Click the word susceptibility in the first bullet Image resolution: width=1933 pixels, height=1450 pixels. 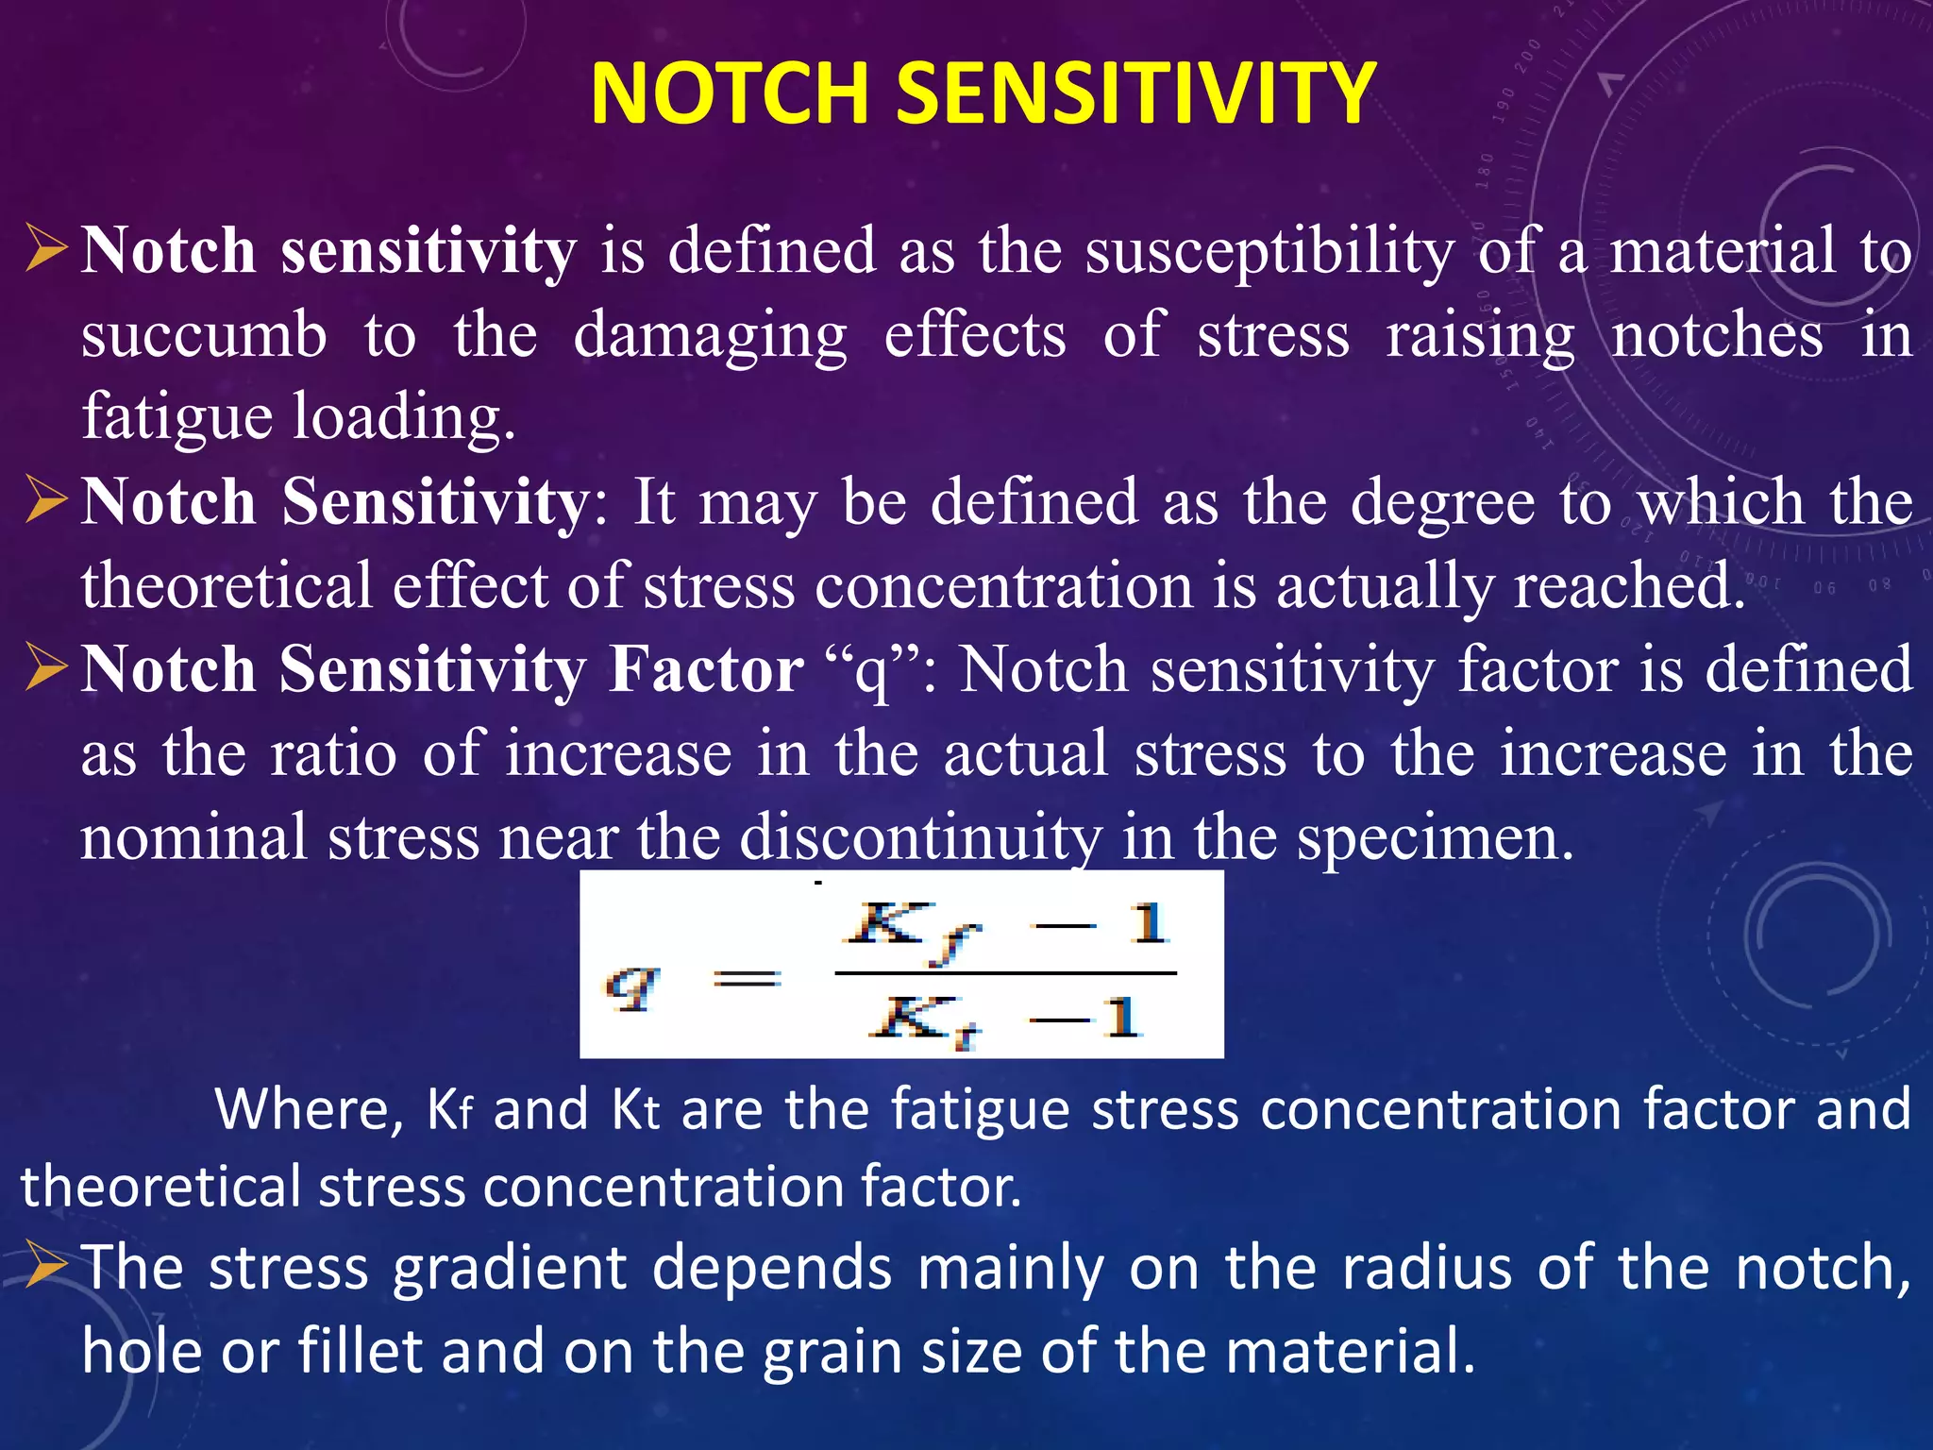(1269, 252)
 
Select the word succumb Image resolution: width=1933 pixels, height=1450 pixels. (204, 335)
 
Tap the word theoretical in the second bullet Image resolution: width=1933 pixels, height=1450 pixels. (227, 585)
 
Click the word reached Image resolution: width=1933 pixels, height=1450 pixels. (1628, 585)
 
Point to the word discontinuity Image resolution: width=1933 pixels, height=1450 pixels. (920, 837)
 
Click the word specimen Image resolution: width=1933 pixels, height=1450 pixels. (1435, 837)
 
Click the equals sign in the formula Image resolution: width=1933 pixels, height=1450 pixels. (746, 979)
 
